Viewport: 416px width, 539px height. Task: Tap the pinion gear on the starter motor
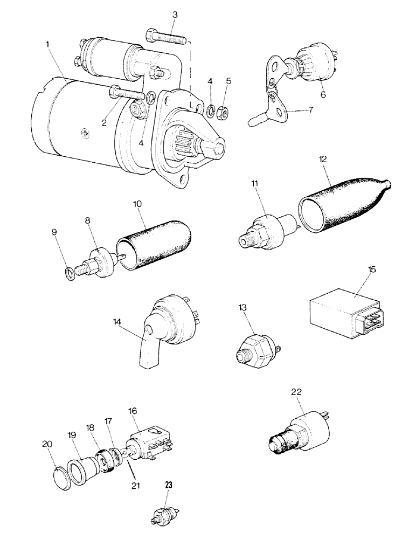tap(194, 144)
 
